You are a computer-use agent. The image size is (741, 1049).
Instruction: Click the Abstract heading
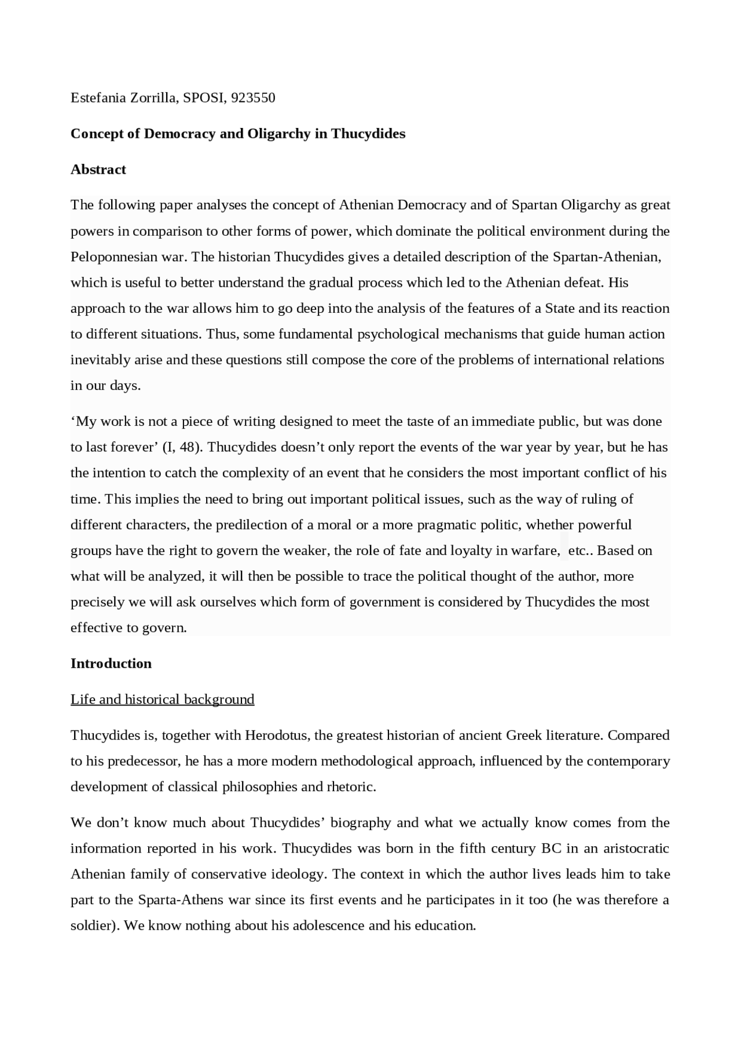coord(98,170)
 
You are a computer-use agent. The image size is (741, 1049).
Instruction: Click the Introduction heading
coord(111,664)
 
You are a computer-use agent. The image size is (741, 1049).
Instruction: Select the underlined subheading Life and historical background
coord(162,700)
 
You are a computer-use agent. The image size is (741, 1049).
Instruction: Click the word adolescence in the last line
coord(328,926)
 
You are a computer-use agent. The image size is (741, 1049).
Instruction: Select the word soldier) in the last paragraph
coord(95,926)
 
